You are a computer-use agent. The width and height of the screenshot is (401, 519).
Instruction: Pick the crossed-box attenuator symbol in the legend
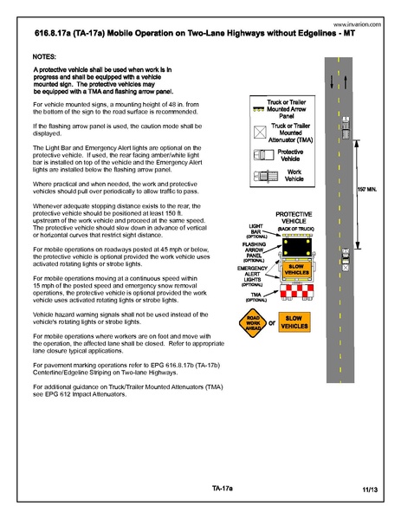(x=258, y=132)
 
